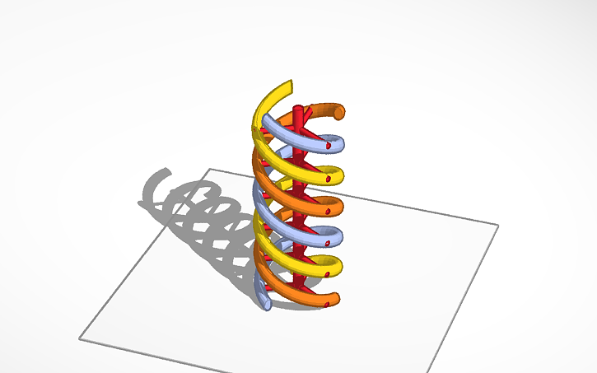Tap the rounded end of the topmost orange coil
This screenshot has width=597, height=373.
click(x=339, y=110)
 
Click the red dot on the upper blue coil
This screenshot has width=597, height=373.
click(x=328, y=146)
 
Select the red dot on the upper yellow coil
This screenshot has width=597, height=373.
click(x=329, y=177)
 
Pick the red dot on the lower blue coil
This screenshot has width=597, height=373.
click(x=329, y=245)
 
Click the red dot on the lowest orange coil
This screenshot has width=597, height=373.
click(x=329, y=305)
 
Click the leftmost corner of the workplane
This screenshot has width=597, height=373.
click(x=80, y=337)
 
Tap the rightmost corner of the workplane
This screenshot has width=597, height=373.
click(x=499, y=224)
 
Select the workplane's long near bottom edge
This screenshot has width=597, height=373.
click(x=255, y=352)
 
